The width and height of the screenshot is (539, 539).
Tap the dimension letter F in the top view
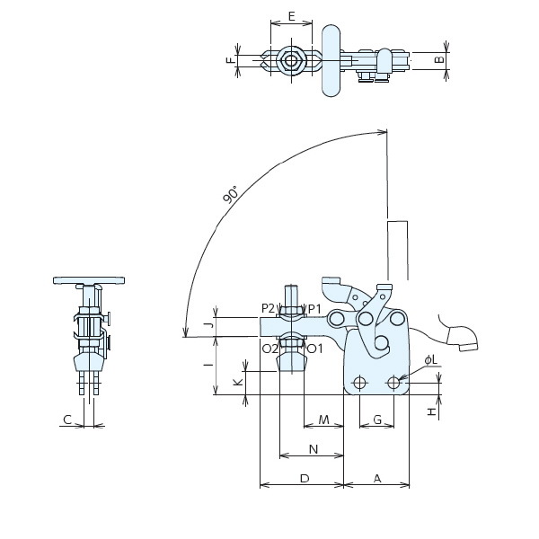point(230,61)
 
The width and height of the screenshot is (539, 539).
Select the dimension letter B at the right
point(437,60)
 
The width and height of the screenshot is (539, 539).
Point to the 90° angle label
point(231,195)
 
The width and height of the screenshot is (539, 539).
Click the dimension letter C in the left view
point(67,420)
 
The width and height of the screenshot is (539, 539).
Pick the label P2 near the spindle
point(269,308)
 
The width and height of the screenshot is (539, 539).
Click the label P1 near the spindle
point(314,308)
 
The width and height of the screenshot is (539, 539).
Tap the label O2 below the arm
point(269,348)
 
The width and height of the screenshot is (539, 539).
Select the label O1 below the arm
point(314,348)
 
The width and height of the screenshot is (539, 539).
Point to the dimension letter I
point(207,365)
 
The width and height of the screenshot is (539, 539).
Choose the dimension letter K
point(237,382)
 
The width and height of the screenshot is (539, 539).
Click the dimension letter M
point(323,420)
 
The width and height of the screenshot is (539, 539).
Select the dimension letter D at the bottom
point(304,479)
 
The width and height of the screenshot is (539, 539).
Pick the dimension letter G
point(377,420)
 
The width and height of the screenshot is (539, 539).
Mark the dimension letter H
point(431,411)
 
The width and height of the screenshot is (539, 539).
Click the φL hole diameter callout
point(430,360)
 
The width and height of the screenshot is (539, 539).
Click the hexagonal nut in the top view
point(289,61)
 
